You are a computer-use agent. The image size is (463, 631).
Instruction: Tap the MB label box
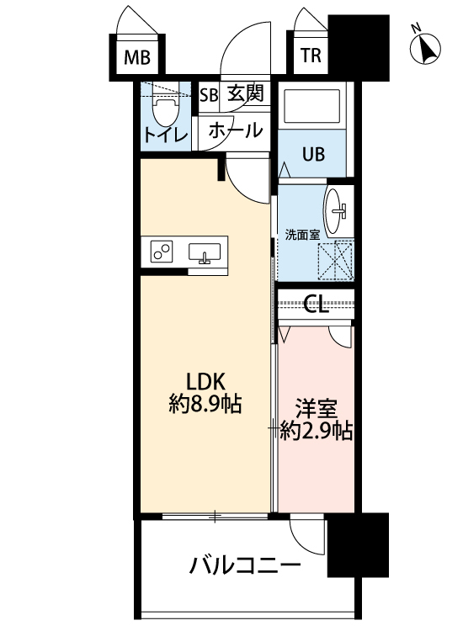pos(136,58)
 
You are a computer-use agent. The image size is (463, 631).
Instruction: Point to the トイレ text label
pos(165,135)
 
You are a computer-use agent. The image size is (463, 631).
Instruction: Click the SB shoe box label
pos(209,93)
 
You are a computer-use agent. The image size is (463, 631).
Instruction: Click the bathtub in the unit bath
pos(311,107)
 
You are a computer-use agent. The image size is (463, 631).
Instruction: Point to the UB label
pos(312,155)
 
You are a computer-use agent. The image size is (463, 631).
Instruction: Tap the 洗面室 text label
pos(302,236)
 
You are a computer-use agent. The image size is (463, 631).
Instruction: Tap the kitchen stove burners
pos(162,252)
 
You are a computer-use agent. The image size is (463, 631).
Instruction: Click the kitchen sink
pos(205,252)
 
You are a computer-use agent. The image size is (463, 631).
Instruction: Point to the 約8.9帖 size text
pos(205,405)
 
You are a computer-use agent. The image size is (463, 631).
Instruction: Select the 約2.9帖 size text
pos(316,432)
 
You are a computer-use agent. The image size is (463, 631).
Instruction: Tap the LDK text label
pos(205,379)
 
